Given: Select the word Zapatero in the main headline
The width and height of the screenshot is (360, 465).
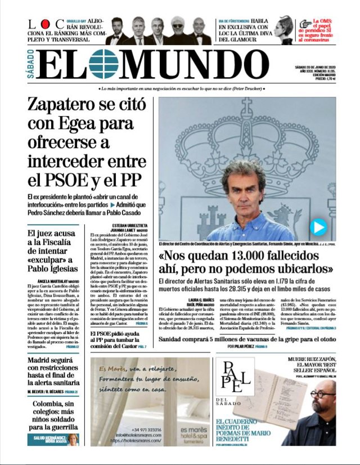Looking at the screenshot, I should pyautogui.click(x=72, y=105).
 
